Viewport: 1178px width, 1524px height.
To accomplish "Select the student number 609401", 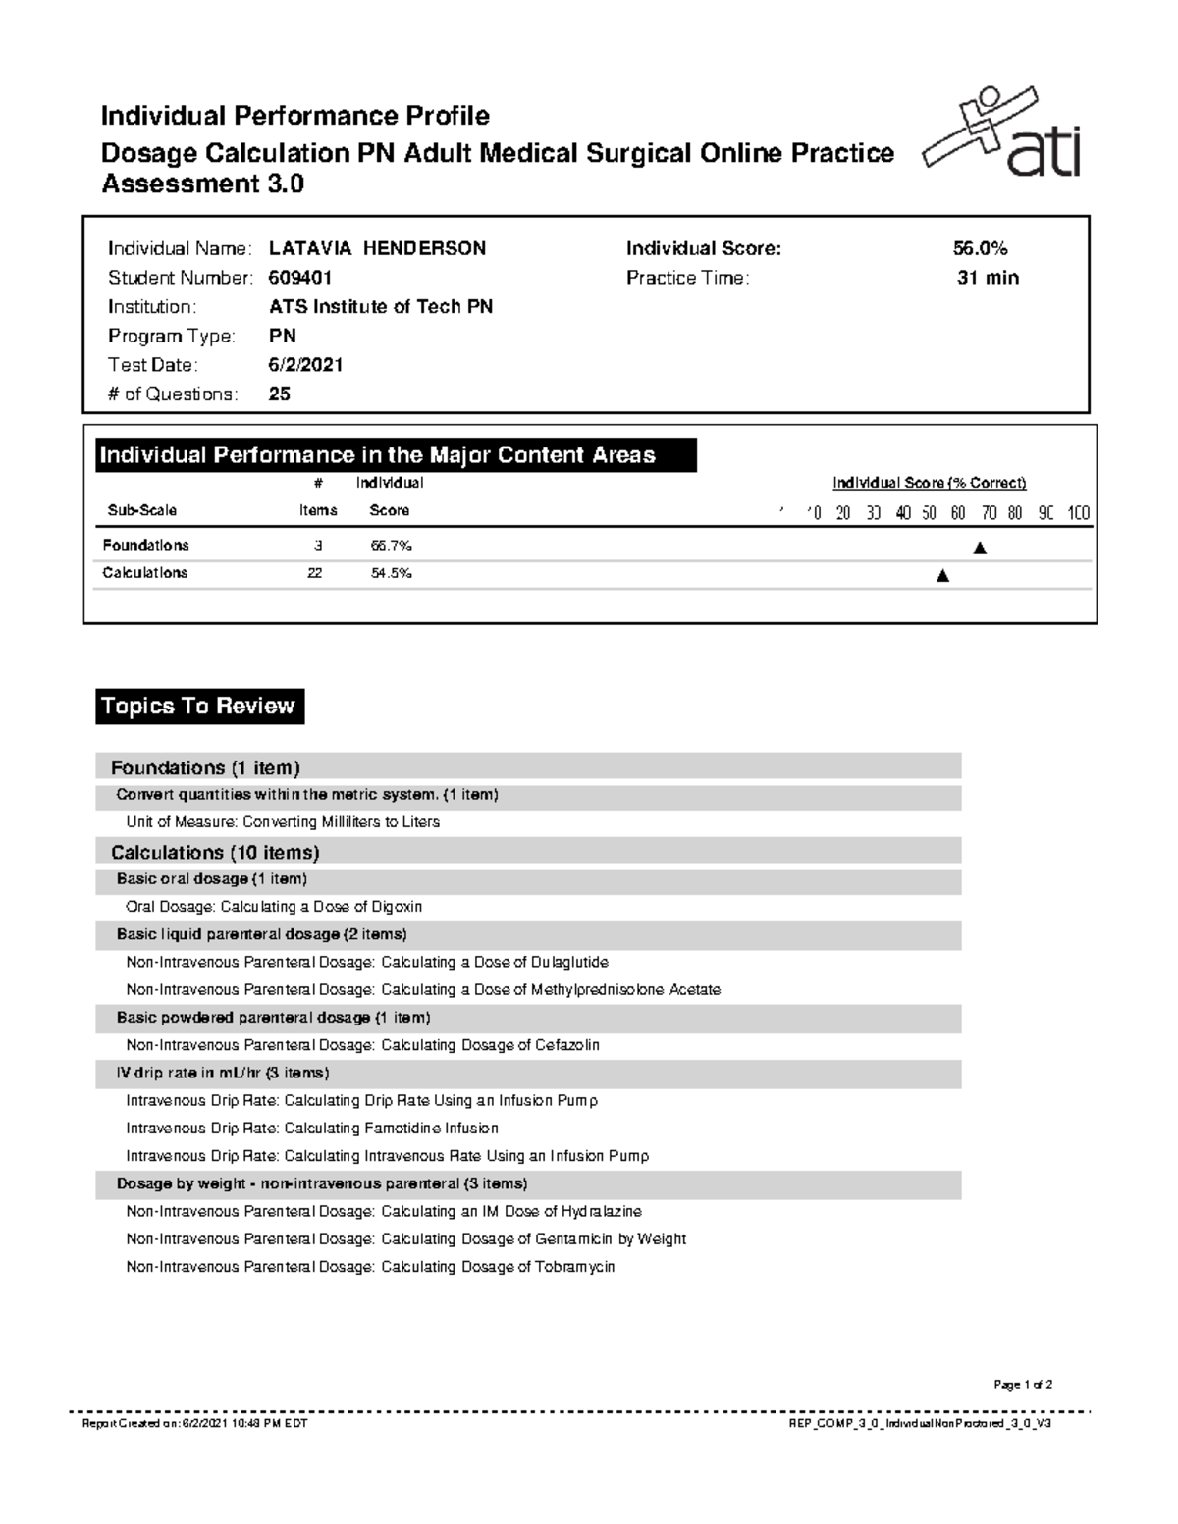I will click(299, 278).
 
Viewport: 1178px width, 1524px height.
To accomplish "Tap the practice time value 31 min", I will click(988, 278).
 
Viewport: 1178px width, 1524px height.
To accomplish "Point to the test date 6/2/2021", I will click(305, 365).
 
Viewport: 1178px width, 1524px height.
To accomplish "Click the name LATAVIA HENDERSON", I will click(377, 249).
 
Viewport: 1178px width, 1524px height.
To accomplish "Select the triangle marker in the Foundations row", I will click(979, 549).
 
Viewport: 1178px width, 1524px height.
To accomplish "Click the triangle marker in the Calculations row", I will click(942, 576).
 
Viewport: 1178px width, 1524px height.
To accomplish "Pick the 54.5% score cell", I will click(391, 573).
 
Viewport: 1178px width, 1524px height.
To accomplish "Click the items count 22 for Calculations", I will click(314, 573).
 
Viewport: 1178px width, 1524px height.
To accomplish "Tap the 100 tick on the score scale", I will click(1078, 513).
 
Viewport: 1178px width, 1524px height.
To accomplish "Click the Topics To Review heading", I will click(199, 707).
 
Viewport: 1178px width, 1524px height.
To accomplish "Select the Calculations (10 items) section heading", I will click(215, 852).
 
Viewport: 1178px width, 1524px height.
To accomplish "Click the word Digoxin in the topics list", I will click(394, 907).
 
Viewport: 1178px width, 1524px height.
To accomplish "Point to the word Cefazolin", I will click(566, 1045).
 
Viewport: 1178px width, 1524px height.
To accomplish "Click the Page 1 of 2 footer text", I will click(1023, 1385).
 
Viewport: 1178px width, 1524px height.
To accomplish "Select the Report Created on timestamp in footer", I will click(194, 1423).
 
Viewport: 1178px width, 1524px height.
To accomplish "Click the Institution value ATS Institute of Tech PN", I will click(381, 307).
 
